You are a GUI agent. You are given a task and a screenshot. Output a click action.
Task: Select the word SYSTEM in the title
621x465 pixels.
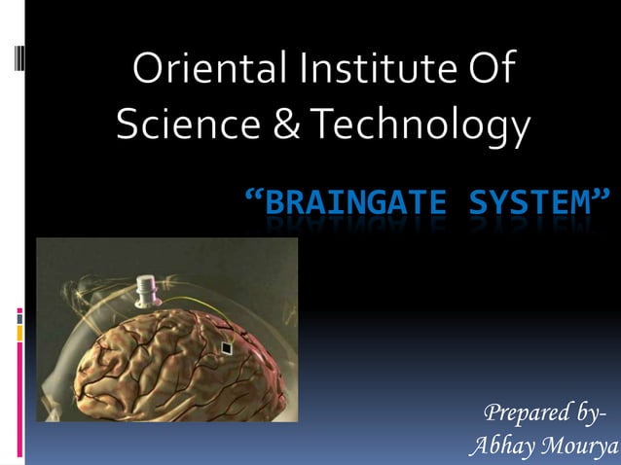(529, 204)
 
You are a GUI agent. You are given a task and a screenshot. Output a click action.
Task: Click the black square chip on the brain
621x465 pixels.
(227, 346)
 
